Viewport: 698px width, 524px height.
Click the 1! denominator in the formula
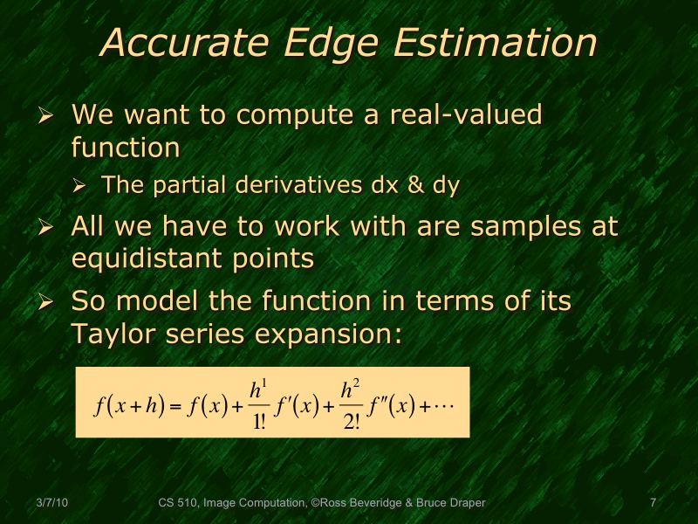coord(259,424)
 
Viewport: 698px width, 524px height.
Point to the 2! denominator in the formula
coord(352,424)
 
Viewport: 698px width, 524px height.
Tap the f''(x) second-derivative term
coord(389,407)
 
